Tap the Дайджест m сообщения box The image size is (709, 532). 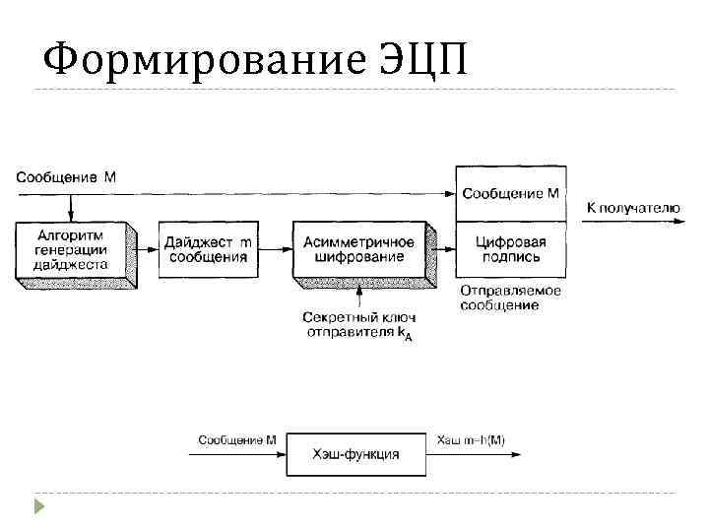(x=207, y=248)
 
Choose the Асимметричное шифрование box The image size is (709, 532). (x=358, y=248)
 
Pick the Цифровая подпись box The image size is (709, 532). (x=510, y=249)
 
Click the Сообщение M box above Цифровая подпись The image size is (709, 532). (x=510, y=193)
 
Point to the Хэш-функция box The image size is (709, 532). (x=355, y=454)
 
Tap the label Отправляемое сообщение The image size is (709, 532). (x=510, y=298)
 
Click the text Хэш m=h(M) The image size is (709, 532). (x=470, y=439)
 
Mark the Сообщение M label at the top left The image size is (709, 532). (x=66, y=178)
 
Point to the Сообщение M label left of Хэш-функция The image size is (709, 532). (x=236, y=439)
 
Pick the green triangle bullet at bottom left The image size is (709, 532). (x=38, y=506)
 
